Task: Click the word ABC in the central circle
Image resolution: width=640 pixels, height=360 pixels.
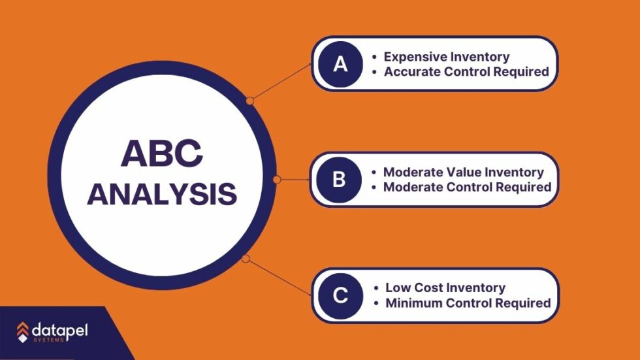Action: point(162,154)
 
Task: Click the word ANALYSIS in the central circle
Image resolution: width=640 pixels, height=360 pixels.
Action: point(162,194)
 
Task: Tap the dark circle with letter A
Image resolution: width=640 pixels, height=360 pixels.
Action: point(340,63)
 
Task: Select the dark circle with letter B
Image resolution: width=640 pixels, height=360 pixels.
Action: point(339,180)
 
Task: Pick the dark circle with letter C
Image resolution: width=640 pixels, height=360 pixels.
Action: point(340,295)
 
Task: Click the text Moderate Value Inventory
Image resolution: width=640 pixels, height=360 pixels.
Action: point(463,172)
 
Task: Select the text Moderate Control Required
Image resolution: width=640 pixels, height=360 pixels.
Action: point(467,188)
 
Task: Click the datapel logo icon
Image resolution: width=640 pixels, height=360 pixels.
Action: point(23,332)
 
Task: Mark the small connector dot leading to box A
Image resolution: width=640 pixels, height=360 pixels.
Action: point(249,101)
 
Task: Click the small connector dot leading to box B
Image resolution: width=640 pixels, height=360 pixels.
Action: point(276,179)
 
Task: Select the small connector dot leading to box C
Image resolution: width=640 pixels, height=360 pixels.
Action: point(246,259)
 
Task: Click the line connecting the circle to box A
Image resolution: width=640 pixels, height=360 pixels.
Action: point(281,82)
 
